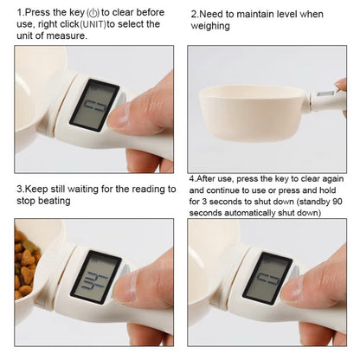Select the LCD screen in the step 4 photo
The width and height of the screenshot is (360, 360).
tap(267, 276)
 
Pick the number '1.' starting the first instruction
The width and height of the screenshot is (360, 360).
tap(20, 12)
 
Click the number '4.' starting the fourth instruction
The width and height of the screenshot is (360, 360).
tap(193, 177)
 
